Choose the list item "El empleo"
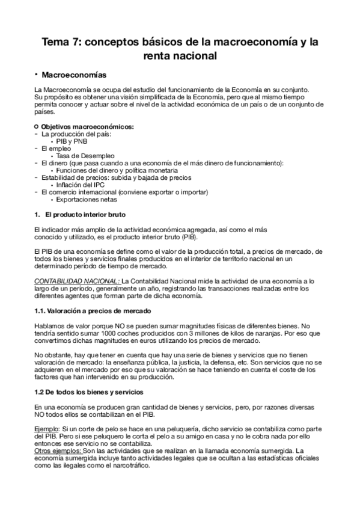55,148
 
